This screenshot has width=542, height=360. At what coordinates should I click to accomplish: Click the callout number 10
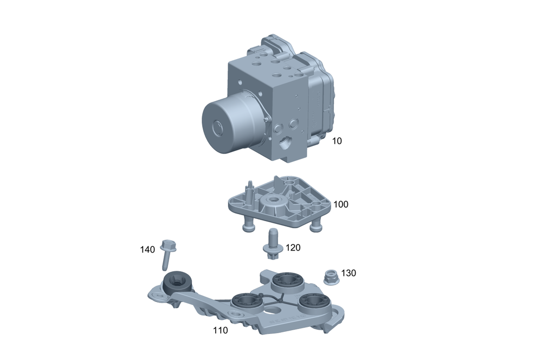click(337, 141)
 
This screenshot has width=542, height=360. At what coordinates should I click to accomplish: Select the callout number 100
click(340, 204)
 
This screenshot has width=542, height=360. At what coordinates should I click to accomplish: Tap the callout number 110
click(220, 330)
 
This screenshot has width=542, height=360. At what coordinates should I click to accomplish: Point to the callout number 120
click(293, 248)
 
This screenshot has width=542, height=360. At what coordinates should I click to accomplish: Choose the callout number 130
click(349, 273)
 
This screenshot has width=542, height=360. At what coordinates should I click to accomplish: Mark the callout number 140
click(147, 249)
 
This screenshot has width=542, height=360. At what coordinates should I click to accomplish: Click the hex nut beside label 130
click(331, 277)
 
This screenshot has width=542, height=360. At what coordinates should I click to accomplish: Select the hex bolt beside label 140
click(167, 254)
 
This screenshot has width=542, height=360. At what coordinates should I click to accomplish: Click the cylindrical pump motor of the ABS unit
click(230, 122)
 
